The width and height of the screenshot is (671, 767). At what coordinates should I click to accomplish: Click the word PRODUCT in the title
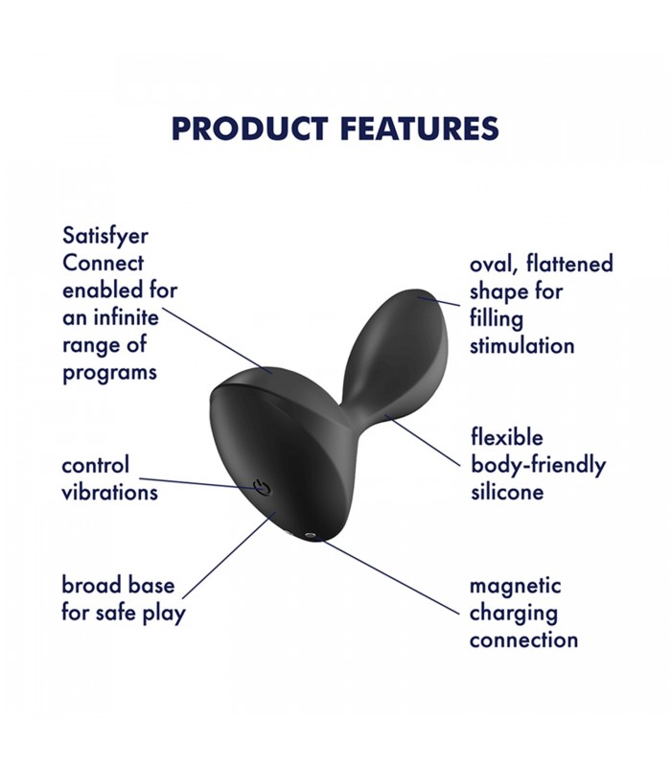pyautogui.click(x=249, y=129)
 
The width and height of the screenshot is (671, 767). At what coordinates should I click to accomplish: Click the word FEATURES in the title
pyautogui.click(x=420, y=129)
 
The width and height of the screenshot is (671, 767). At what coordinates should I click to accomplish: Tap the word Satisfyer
pyautogui.click(x=105, y=237)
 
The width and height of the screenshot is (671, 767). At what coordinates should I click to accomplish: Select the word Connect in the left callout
pyautogui.click(x=104, y=263)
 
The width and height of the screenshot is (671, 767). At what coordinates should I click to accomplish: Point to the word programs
pyautogui.click(x=109, y=373)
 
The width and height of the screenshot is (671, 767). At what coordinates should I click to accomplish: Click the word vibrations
pyautogui.click(x=109, y=492)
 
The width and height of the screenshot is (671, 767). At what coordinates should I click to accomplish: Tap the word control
pyautogui.click(x=95, y=465)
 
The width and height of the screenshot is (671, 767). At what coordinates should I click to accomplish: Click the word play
pyautogui.click(x=164, y=614)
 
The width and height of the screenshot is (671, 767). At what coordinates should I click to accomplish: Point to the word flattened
pyautogui.click(x=569, y=264)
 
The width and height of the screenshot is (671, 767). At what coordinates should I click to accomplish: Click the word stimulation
pyautogui.click(x=521, y=346)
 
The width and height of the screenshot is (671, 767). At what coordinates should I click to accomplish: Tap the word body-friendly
pyautogui.click(x=538, y=465)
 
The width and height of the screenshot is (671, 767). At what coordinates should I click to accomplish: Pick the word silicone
pyautogui.click(x=507, y=492)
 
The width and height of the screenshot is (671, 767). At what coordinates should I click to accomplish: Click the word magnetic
pyautogui.click(x=515, y=586)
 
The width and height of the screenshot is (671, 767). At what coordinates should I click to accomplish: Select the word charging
pyautogui.click(x=514, y=614)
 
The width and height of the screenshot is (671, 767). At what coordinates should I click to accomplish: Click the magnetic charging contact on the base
pyautogui.click(x=309, y=536)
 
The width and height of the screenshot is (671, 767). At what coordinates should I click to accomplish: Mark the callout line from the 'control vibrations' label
pyautogui.click(x=198, y=484)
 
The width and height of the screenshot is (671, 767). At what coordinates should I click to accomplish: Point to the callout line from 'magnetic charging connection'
pyautogui.click(x=387, y=575)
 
